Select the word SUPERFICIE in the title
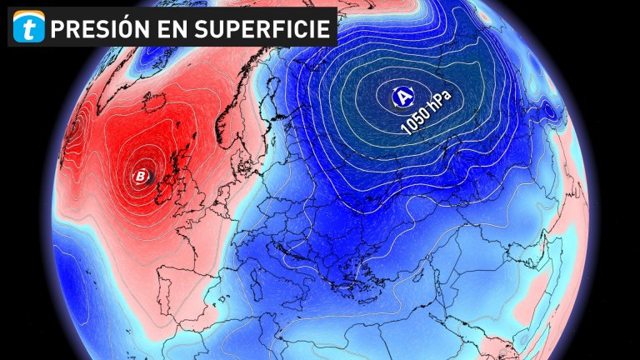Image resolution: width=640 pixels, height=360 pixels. click(263, 29)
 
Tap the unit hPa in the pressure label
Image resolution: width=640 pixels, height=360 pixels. click(445, 102)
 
